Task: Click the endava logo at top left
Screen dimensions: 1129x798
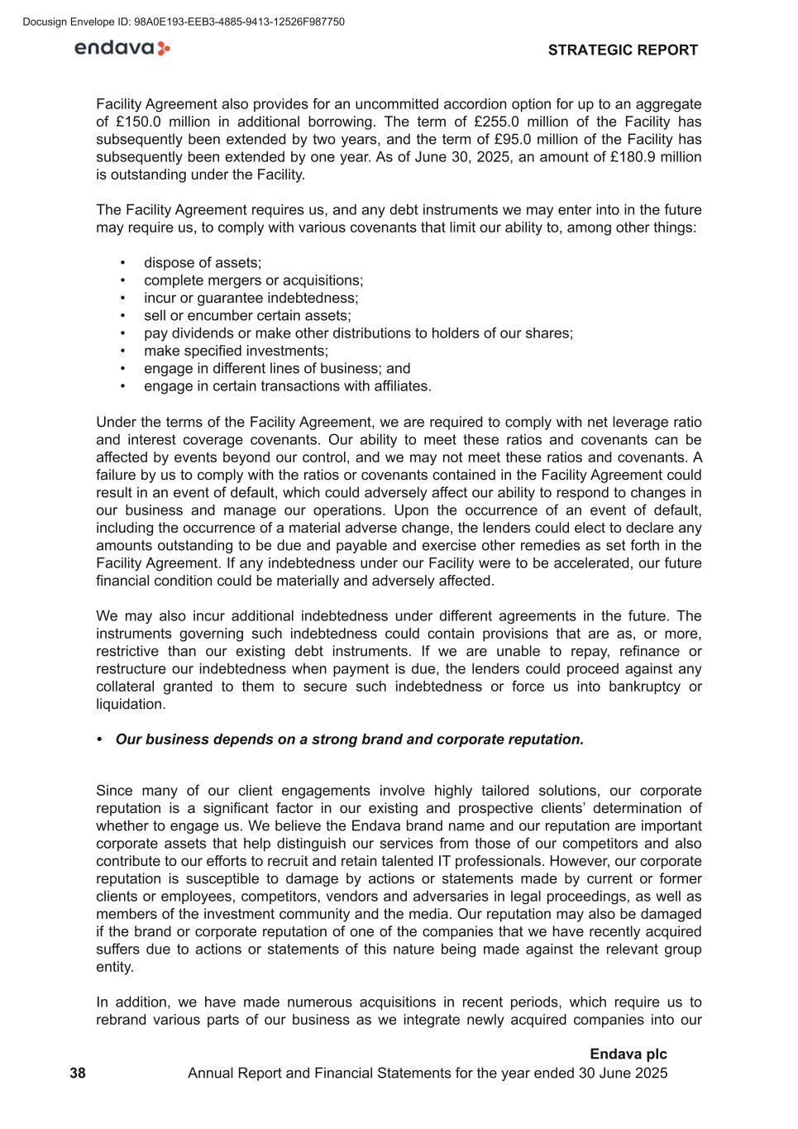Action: [x=122, y=49]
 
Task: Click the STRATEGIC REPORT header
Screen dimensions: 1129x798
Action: [x=623, y=50]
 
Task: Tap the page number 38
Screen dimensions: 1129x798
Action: [x=78, y=1074]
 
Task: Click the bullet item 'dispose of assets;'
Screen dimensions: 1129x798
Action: [x=202, y=263]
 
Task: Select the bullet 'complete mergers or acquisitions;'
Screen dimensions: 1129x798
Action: [x=253, y=280]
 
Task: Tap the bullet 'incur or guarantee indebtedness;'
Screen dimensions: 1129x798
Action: [x=251, y=298]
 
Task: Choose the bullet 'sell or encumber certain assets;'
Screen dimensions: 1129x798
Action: [x=247, y=316]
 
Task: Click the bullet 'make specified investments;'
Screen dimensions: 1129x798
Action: [x=236, y=351]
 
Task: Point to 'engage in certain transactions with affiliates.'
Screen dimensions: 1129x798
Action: [x=287, y=386]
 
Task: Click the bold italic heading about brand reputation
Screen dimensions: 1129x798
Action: [x=349, y=739]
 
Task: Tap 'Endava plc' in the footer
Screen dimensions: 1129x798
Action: [x=628, y=1055]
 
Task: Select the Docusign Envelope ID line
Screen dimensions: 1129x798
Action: [x=184, y=22]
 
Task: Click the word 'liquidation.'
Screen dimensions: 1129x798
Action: [x=131, y=705]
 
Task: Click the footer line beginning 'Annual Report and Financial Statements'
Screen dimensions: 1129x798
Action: [x=428, y=1074]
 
